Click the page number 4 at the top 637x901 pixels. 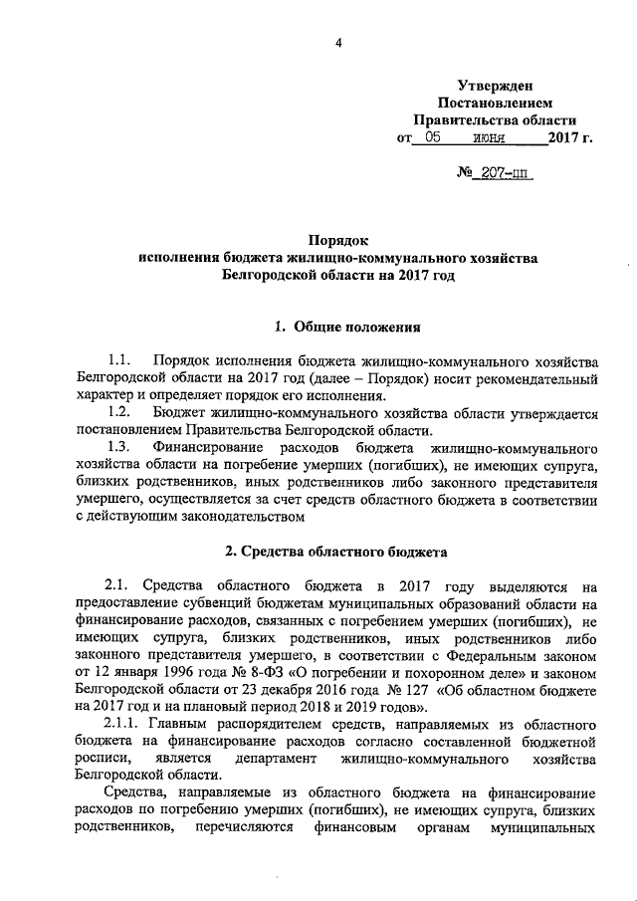pyautogui.click(x=338, y=42)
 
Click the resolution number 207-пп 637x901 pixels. pyautogui.click(x=506, y=173)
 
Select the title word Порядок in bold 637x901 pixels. pyautogui.click(x=337, y=240)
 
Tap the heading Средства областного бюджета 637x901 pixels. pyautogui.click(x=337, y=551)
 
